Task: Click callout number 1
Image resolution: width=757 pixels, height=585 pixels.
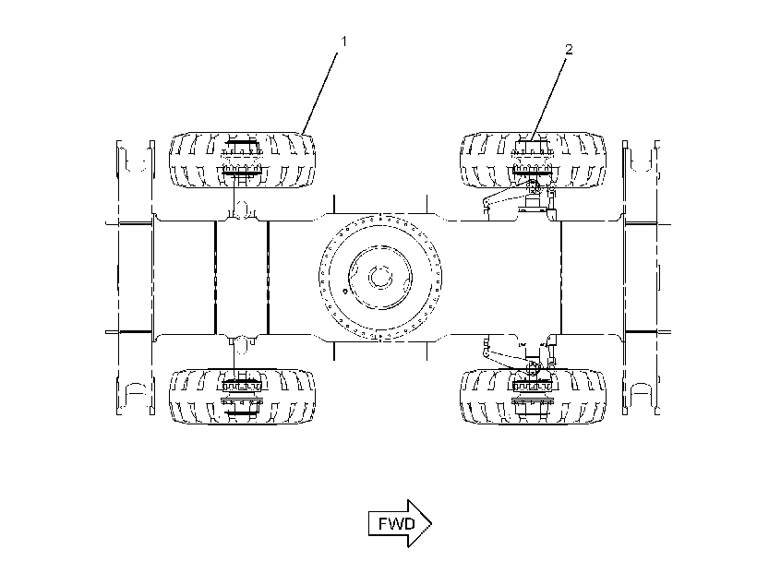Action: tap(343, 42)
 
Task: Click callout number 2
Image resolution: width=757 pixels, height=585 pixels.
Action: tap(569, 49)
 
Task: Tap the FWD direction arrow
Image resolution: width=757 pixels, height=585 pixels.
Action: tap(400, 523)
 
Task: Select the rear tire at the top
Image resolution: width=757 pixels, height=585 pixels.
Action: tap(243, 160)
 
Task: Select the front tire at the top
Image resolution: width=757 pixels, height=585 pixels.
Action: tap(533, 160)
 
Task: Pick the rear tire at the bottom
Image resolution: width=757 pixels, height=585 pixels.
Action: tap(243, 397)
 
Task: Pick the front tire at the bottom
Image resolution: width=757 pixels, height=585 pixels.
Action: tap(533, 397)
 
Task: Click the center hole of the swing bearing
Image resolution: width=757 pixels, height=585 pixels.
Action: tap(380, 277)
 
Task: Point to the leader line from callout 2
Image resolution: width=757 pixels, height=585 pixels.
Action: tap(548, 98)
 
